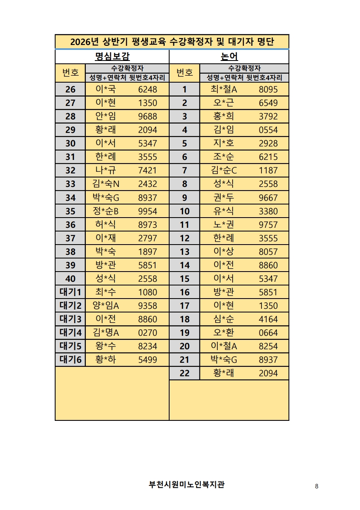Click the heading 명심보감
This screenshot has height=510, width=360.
pos(112,56)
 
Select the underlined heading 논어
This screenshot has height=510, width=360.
pos(229,56)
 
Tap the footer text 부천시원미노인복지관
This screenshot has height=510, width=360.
pos(187,485)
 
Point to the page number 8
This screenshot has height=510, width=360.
pos(317,486)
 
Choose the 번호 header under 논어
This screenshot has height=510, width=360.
pos(184,73)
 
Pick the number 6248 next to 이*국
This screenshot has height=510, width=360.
pos(148,89)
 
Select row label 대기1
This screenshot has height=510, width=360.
pos(70,292)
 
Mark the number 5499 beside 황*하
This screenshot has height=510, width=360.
pos(148,359)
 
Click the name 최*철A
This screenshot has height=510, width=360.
pos(224,89)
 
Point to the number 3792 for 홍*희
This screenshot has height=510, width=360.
pos(268,116)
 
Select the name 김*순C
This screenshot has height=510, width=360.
pos(224,170)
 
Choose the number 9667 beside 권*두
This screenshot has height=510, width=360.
pos(268,198)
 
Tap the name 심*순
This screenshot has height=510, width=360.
pos(224,319)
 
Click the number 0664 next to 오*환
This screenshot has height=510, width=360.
pos(268,333)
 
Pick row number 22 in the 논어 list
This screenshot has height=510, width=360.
pos(184,373)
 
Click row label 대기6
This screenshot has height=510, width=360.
pos(70,359)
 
